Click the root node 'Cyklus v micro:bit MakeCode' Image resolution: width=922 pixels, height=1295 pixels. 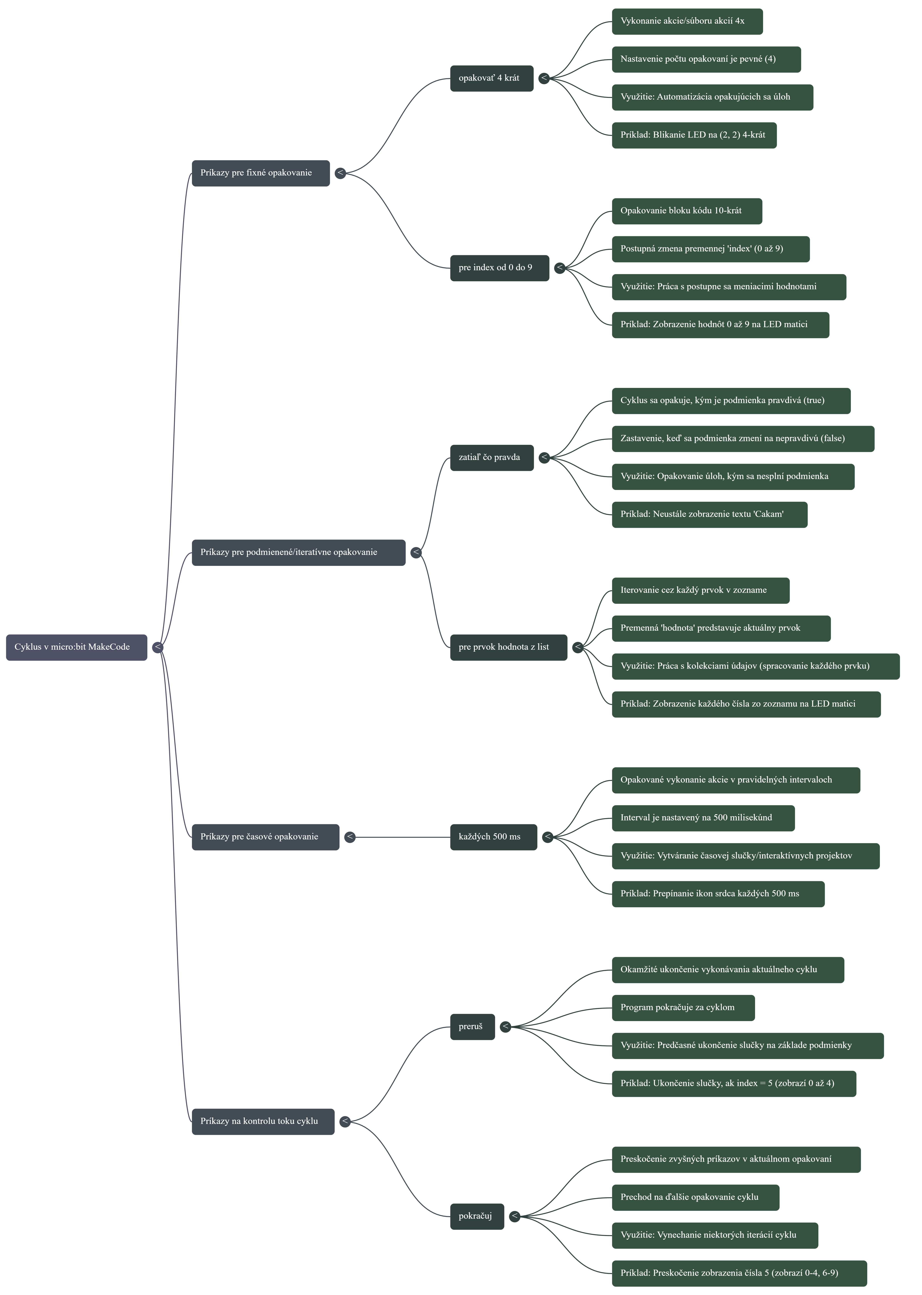click(76, 647)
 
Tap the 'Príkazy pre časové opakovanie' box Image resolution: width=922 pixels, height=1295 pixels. click(265, 837)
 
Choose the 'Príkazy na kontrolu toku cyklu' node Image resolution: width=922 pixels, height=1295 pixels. click(263, 1121)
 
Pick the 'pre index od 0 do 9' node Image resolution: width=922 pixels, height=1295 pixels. click(499, 268)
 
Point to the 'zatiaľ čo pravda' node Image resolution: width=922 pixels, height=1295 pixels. click(492, 457)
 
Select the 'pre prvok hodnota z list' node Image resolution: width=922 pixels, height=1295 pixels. click(508, 647)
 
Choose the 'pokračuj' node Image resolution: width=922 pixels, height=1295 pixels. click(477, 1216)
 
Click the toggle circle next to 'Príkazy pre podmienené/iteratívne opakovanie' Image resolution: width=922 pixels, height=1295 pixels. click(416, 552)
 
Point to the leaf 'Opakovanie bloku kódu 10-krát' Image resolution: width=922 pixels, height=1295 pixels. click(686, 211)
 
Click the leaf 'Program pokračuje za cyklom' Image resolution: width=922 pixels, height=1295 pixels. click(683, 1008)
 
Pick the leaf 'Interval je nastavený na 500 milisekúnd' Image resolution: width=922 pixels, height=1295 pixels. click(703, 818)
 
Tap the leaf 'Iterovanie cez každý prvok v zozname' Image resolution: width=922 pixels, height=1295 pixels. click(700, 590)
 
